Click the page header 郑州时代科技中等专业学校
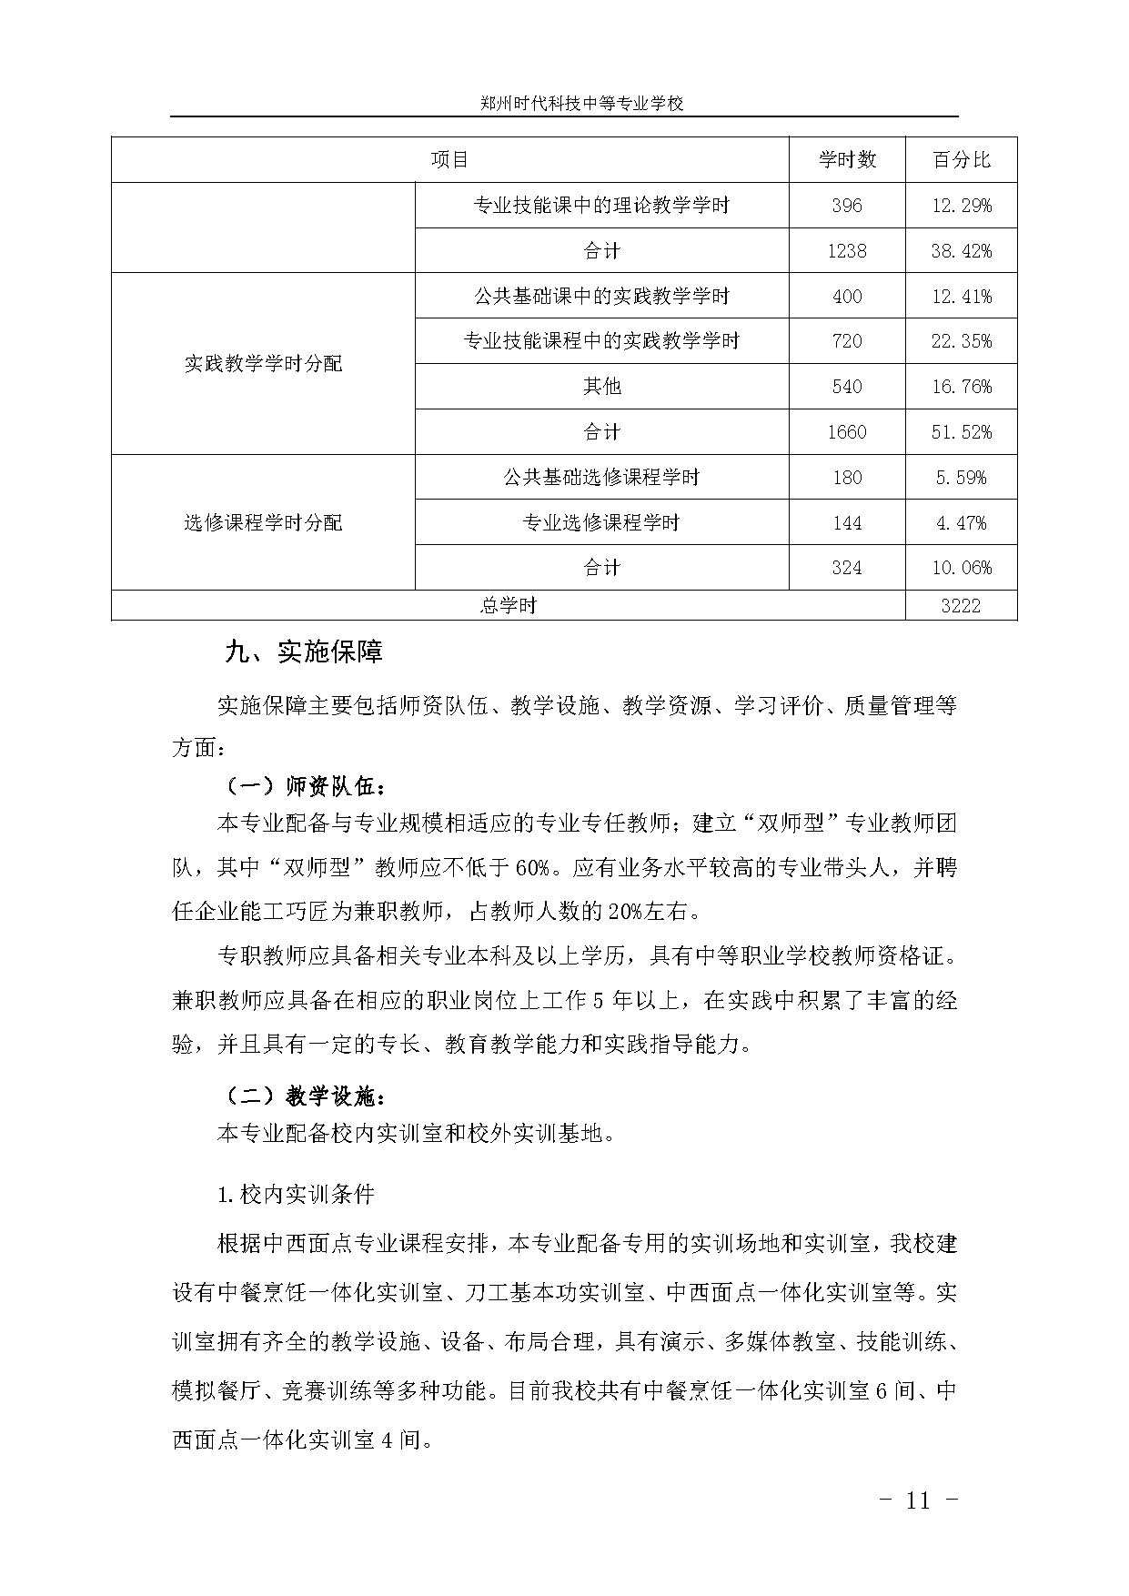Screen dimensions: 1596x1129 point(581,104)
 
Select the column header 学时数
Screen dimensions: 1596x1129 point(846,160)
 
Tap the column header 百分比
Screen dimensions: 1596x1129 point(961,160)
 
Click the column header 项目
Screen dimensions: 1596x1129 point(449,160)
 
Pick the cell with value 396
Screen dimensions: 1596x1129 point(846,206)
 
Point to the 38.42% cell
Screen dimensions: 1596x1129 point(961,251)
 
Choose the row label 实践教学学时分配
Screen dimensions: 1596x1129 point(263,364)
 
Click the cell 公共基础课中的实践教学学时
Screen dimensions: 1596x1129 point(601,296)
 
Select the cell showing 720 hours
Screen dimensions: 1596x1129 point(846,341)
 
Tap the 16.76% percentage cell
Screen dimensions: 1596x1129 point(961,387)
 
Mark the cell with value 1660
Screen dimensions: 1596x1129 point(846,432)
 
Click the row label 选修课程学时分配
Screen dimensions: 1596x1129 point(263,523)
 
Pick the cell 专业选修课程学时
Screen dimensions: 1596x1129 point(601,523)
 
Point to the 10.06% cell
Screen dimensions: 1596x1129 point(961,568)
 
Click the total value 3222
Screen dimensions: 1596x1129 point(961,606)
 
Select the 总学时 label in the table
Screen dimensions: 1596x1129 point(508,606)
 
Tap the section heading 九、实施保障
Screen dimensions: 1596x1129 point(304,652)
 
